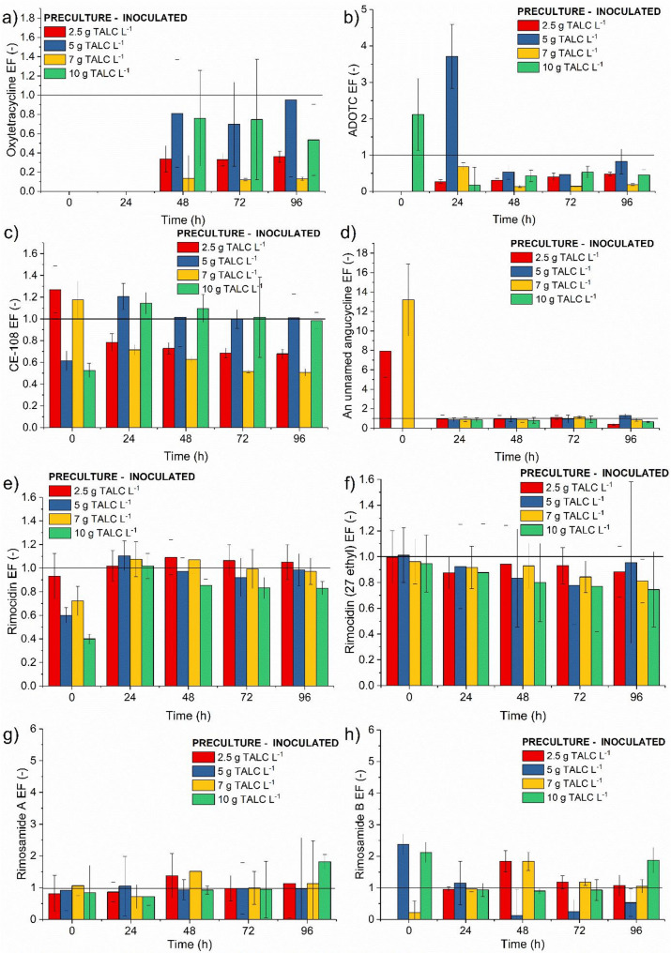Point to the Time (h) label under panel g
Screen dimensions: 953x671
(177, 944)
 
